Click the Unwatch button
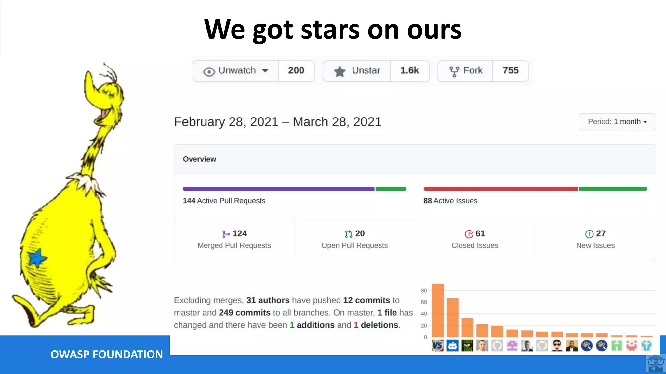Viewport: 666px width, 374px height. pyautogui.click(x=236, y=71)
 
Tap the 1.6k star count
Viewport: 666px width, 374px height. pyautogui.click(x=409, y=70)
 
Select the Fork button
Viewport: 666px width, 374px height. pyautogui.click(x=466, y=71)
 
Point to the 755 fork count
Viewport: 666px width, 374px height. pyautogui.click(x=511, y=70)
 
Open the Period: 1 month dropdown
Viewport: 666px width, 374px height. pyautogui.click(x=617, y=122)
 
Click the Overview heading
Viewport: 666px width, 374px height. pyautogui.click(x=199, y=159)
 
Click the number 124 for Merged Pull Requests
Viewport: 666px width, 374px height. pyautogui.click(x=240, y=233)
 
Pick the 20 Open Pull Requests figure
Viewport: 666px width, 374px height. pyautogui.click(x=360, y=233)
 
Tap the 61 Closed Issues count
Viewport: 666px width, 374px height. pyautogui.click(x=480, y=233)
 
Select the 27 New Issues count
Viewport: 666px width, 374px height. pyautogui.click(x=601, y=233)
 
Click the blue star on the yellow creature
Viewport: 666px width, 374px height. pyautogui.click(x=37, y=258)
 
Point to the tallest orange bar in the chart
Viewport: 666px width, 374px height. pyautogui.click(x=437, y=310)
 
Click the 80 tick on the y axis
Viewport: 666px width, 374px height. pyautogui.click(x=424, y=291)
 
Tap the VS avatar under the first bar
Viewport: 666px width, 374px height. pyautogui.click(x=437, y=345)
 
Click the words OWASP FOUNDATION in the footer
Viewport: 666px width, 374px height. pyautogui.click(x=107, y=354)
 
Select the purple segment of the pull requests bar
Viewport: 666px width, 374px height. pyautogui.click(x=278, y=189)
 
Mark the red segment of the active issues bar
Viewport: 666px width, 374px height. pyautogui.click(x=500, y=189)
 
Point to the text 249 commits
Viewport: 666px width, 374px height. pyautogui.click(x=245, y=313)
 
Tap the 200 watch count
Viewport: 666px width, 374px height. pyautogui.click(x=296, y=70)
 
